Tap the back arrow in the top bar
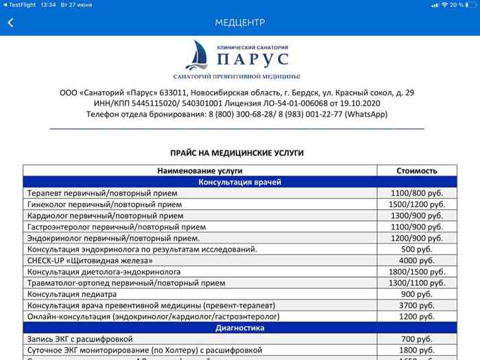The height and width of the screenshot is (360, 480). [x=10, y=23]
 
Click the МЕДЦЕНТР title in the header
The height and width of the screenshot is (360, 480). [x=239, y=23]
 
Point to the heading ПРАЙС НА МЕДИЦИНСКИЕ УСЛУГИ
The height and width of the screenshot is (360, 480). [x=237, y=153]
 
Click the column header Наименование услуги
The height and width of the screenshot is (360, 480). [x=200, y=171]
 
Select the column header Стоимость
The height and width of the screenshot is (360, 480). [x=416, y=171]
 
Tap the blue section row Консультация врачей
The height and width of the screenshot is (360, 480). [x=239, y=182]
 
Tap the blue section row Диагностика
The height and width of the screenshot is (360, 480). [x=239, y=328]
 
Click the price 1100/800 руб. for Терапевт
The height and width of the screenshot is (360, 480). [x=416, y=193]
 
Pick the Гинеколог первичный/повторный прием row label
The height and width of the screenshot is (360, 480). [x=104, y=204]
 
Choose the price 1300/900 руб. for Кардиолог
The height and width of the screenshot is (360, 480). [x=416, y=215]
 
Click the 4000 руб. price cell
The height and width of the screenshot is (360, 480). [x=416, y=261]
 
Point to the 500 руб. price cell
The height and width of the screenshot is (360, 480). [x=416, y=249]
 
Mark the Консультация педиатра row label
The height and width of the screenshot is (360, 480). [x=74, y=294]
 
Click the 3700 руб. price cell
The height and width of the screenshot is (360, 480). [x=416, y=305]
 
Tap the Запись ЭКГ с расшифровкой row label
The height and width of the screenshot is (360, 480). [x=80, y=339]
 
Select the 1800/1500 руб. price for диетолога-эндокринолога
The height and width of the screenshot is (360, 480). [x=416, y=272]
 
